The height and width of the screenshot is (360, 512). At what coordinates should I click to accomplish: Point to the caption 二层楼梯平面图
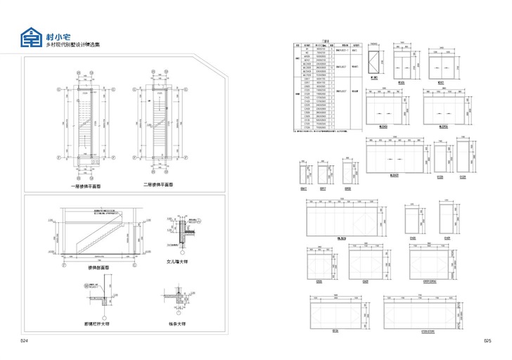pos(158,185)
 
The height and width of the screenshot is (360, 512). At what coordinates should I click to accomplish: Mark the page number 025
pos(487,340)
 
